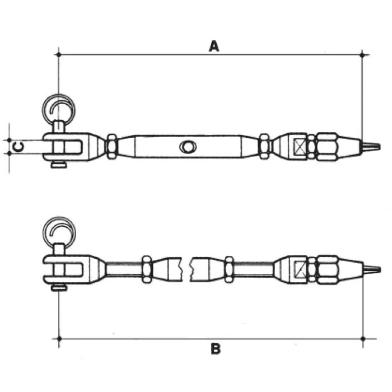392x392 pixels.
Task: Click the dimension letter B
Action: (x=216, y=349)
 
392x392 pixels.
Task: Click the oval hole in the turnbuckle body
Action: (x=186, y=147)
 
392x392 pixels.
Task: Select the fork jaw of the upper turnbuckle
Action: (x=67, y=147)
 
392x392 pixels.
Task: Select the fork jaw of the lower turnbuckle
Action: (x=67, y=268)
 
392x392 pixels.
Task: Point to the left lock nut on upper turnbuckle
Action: (x=111, y=147)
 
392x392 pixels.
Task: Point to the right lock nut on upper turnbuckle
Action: (x=264, y=147)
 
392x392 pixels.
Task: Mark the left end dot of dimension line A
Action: (x=59, y=54)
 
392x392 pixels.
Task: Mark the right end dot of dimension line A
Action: (x=363, y=54)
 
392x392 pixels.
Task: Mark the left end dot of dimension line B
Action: (x=59, y=338)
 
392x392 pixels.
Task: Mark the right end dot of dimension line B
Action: (x=363, y=338)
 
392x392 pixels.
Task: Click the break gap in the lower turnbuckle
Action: (x=187, y=268)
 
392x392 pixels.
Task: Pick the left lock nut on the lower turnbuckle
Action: (x=146, y=268)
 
